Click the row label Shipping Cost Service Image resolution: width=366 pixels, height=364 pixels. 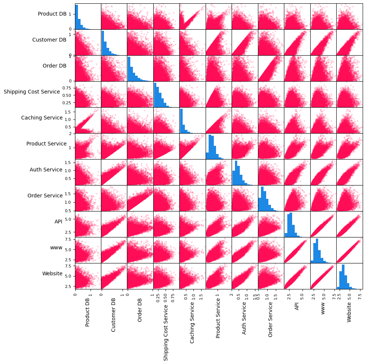pos(32,92)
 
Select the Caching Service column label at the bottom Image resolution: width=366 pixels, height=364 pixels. pos(192,322)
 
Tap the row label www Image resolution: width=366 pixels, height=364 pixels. pos(56,247)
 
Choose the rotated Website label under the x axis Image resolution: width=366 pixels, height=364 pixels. pos(349,312)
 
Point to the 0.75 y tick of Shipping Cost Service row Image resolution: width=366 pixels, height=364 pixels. pos(67,88)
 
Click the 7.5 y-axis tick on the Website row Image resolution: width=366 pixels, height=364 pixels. pos(68,266)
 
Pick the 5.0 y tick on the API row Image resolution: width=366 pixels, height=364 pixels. pos(68,219)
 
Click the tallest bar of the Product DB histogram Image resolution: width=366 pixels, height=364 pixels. pos(76,17)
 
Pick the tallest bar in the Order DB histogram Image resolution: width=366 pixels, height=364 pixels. pos(129,69)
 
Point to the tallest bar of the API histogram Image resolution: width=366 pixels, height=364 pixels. pos(291,224)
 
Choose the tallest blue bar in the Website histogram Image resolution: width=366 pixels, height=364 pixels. pos(343,276)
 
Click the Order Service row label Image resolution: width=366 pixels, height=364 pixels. pos(45,196)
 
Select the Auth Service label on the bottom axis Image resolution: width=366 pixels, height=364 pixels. pos(244,318)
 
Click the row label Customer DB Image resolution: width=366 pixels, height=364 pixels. pos(49,40)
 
